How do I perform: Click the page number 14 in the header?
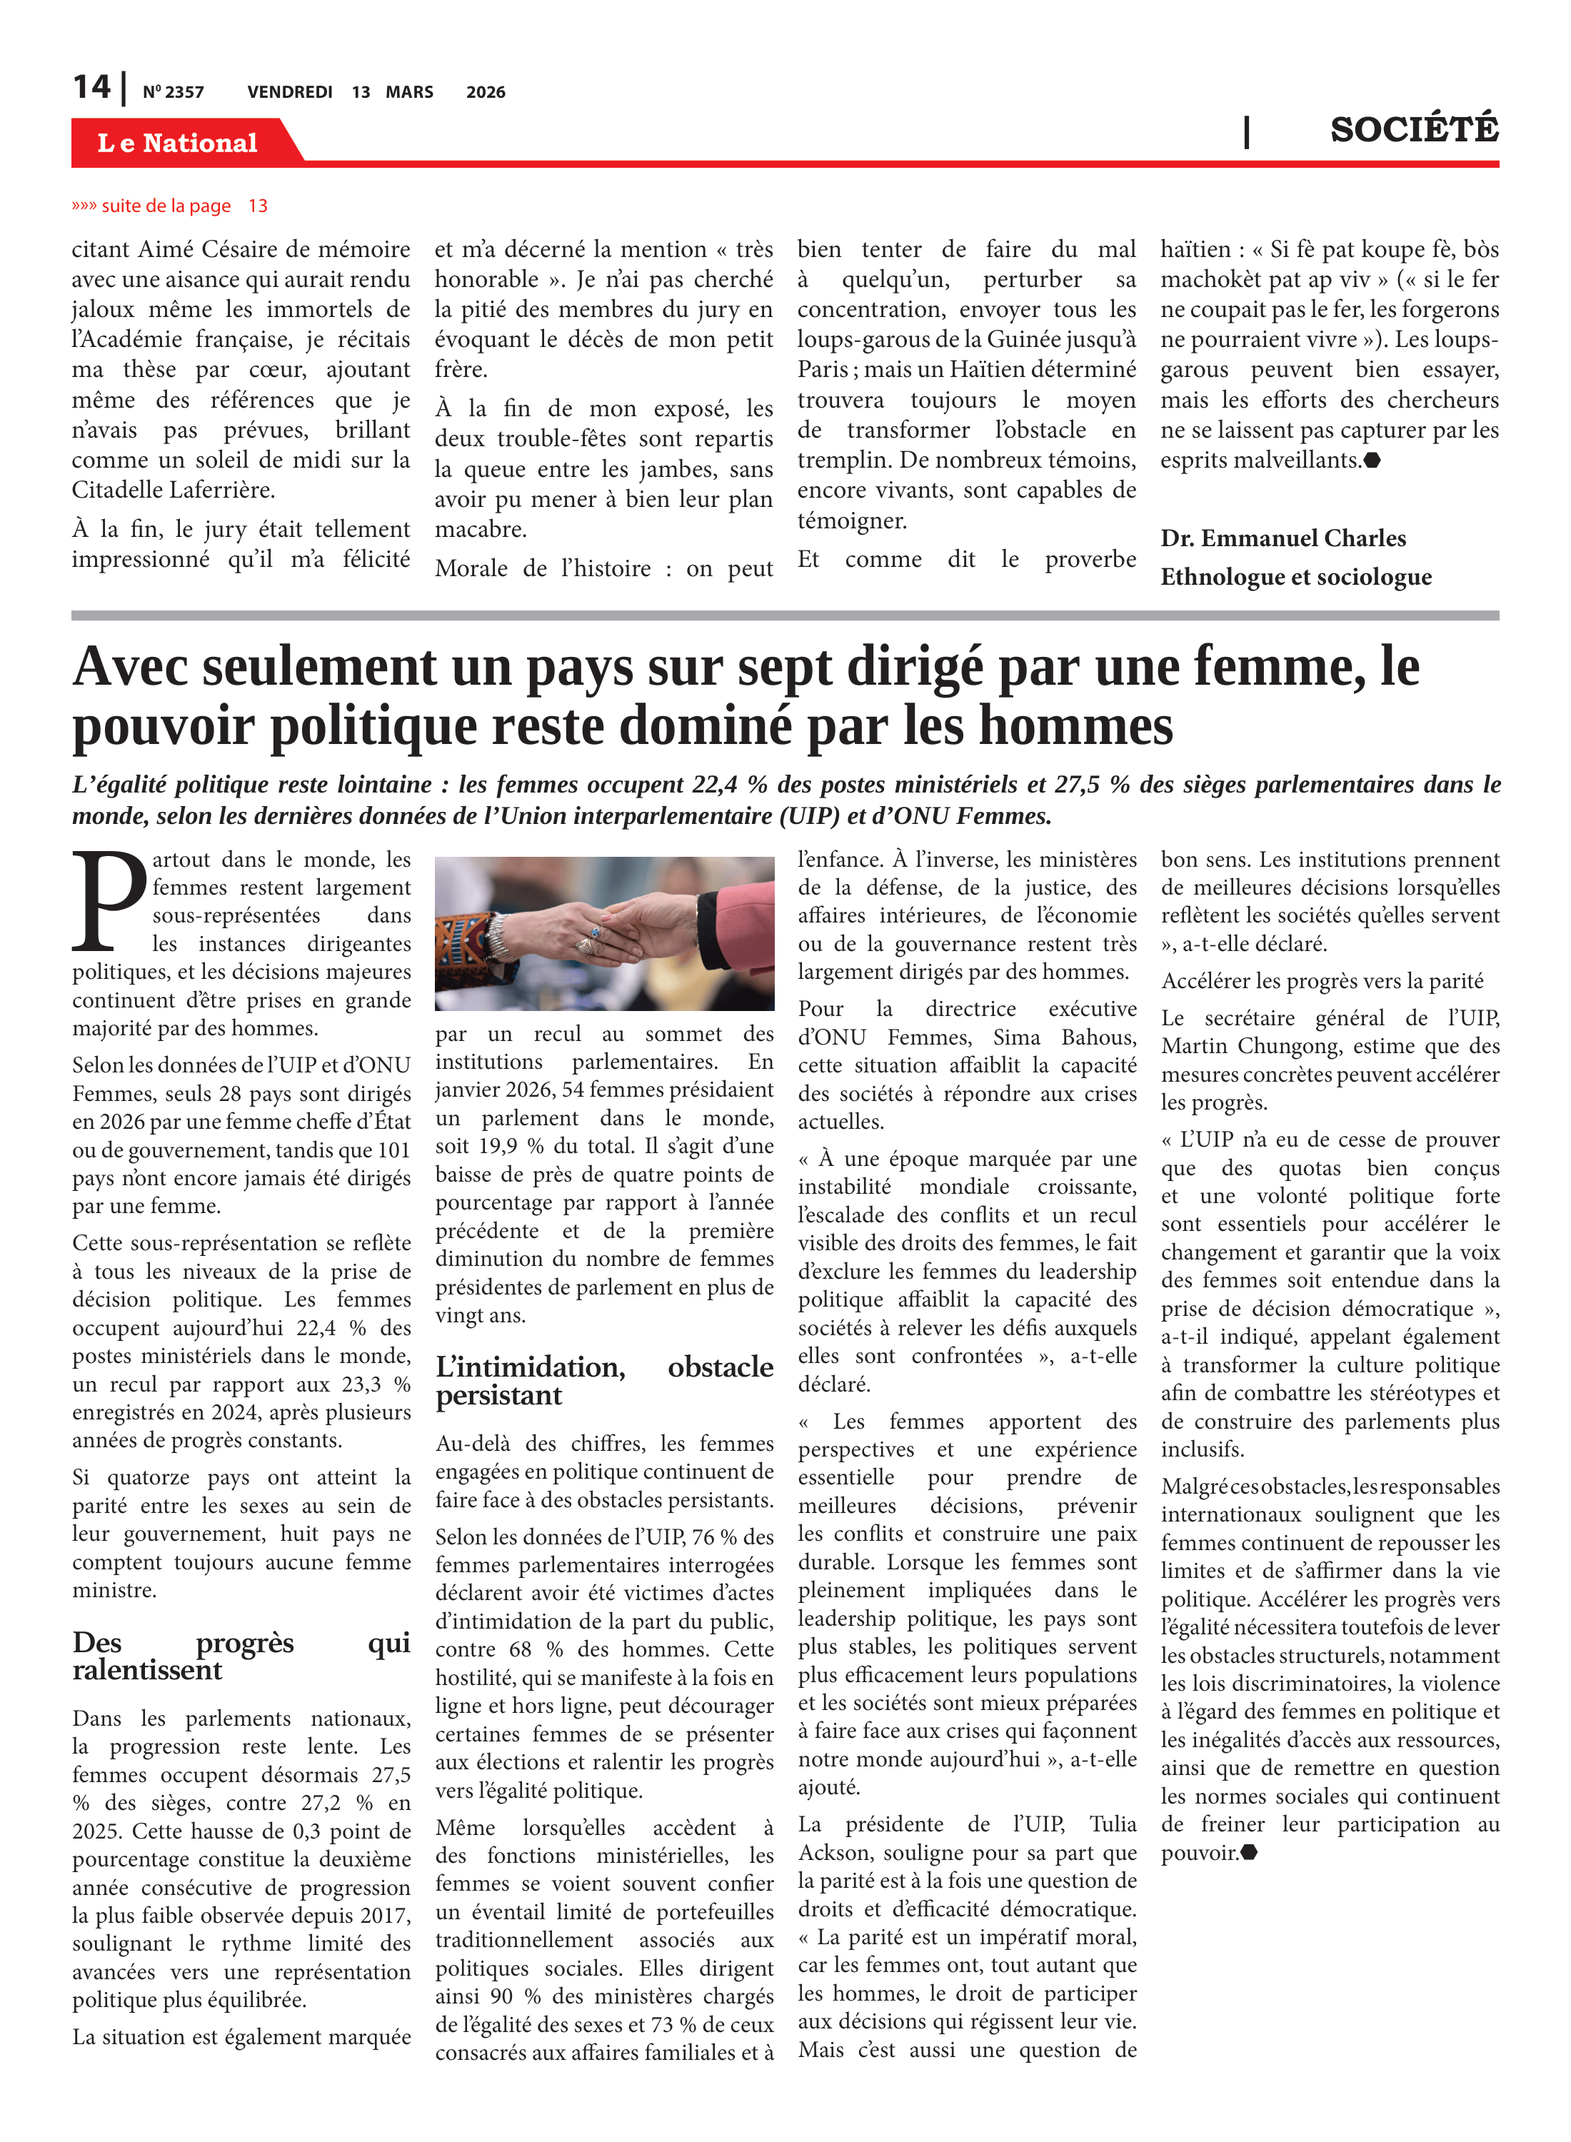coord(91,88)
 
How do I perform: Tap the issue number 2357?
coord(173,92)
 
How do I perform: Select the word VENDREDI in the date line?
coord(289,92)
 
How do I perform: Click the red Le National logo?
coord(178,143)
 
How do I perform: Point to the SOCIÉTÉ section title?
coord(1413,129)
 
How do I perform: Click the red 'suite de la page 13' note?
coord(169,206)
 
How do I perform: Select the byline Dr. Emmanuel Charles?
coord(1282,538)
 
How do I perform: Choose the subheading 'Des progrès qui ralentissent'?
coord(241,1656)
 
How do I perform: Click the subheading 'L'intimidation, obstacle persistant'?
coord(604,1380)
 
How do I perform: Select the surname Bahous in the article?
coord(1098,1037)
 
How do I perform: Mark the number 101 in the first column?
coord(392,1150)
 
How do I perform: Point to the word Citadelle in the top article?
coord(118,491)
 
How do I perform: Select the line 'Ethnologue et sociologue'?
coord(1295,577)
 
